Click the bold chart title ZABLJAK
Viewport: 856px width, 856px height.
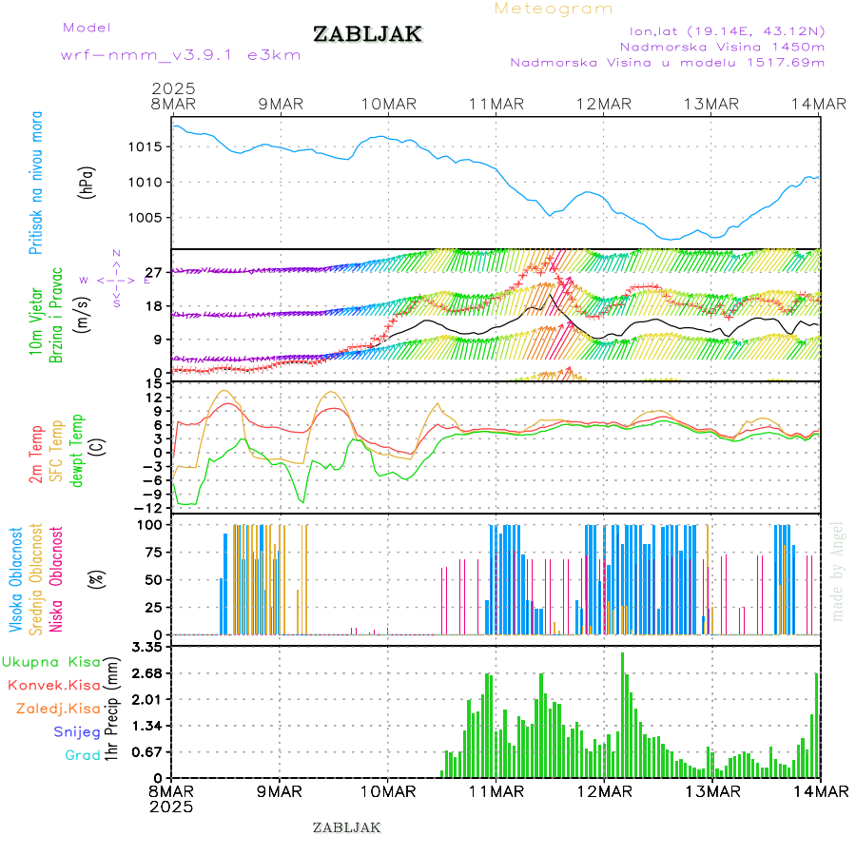coord(367,34)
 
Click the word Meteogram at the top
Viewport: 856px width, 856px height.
coord(554,9)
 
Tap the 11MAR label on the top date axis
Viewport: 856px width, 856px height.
coord(496,104)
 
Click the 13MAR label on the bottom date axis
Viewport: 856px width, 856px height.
coord(711,790)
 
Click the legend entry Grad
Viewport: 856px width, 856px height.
coord(83,755)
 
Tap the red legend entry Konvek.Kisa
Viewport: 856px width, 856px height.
coord(54,685)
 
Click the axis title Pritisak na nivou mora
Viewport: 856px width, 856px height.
coord(36,186)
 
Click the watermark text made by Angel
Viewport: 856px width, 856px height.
coord(837,570)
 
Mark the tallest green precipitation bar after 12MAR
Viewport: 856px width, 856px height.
coord(623,713)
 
